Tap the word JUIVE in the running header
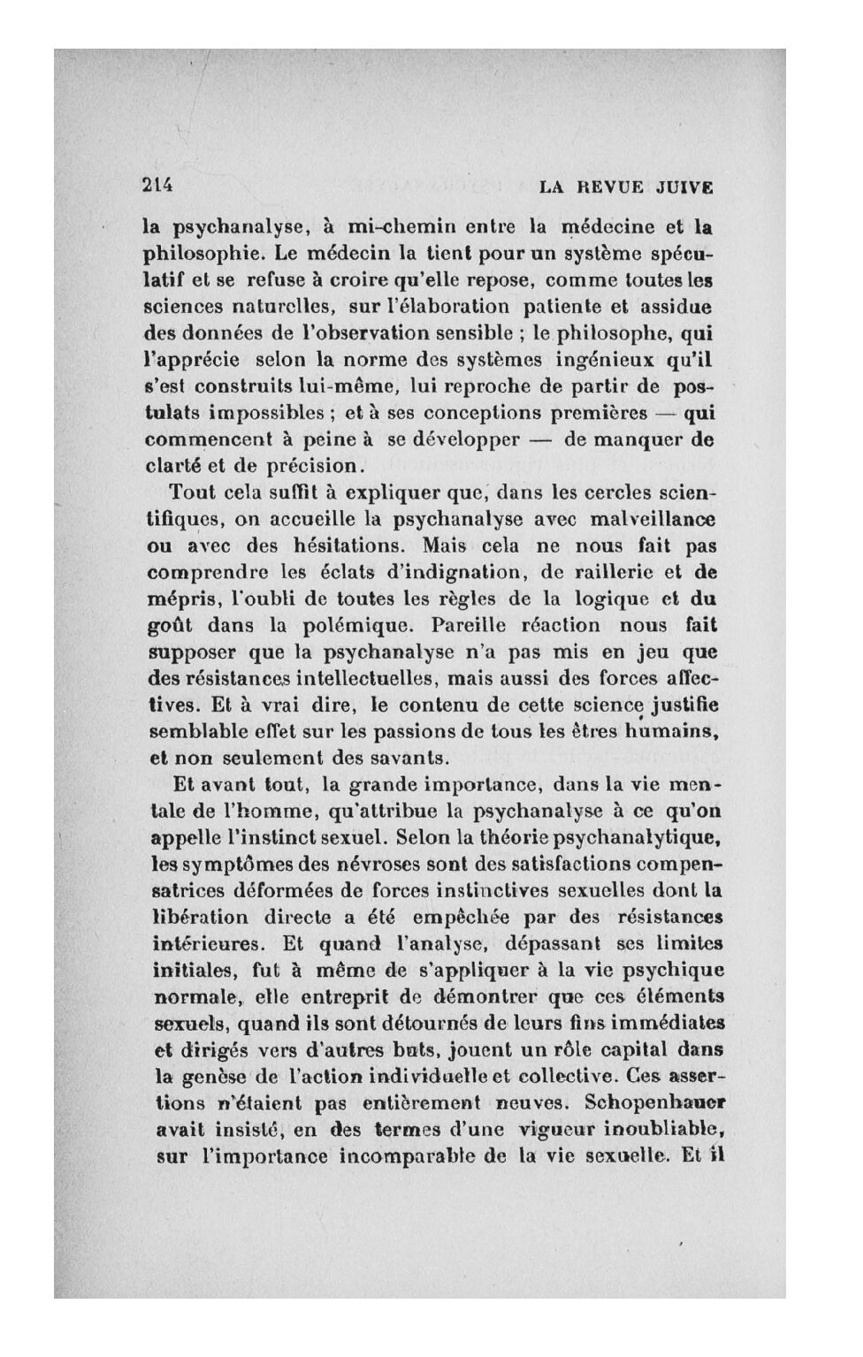(x=685, y=187)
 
